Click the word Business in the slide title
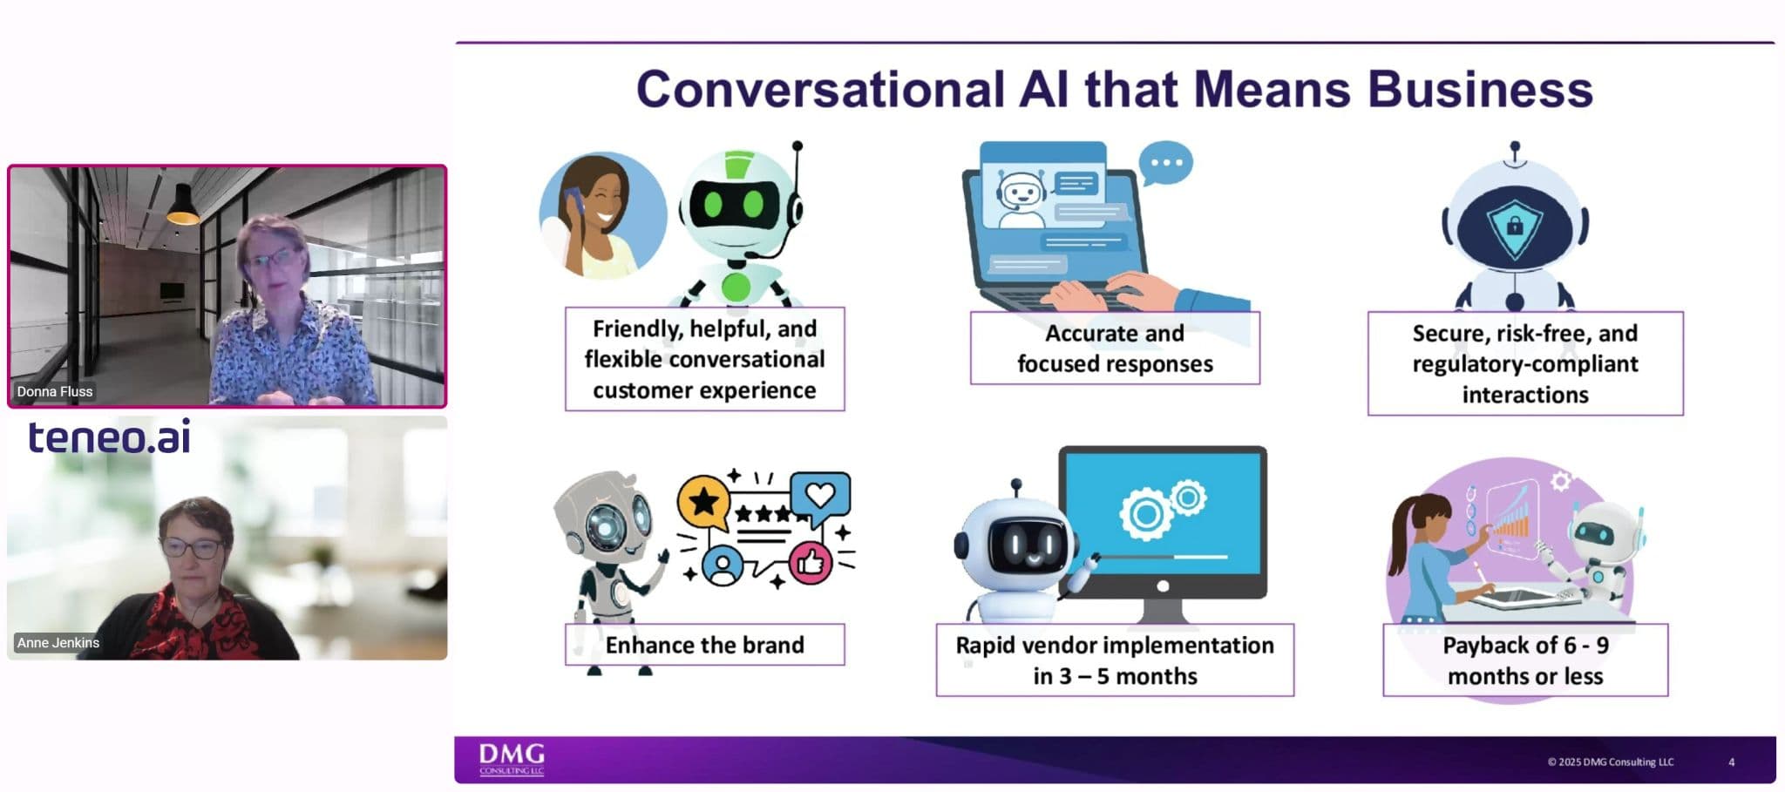[1480, 89]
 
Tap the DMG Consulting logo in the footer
[512, 759]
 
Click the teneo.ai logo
[109, 437]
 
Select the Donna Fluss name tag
[54, 391]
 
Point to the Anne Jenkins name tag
[58, 642]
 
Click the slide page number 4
[1731, 762]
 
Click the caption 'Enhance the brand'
[704, 645]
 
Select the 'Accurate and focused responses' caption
[1115, 349]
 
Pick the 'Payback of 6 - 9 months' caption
[1525, 660]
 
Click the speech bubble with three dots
[1165, 163]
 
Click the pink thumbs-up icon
[811, 562]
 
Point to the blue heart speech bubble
[820, 497]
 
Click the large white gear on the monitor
[1145, 514]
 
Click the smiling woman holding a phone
[602, 216]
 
